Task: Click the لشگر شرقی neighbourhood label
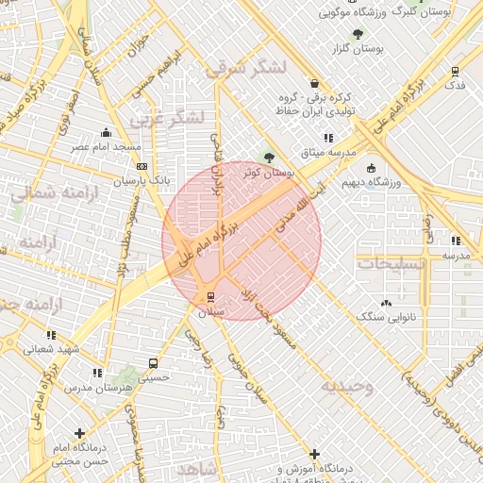(244, 68)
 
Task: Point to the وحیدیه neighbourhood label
(346, 385)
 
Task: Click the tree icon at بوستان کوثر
(270, 158)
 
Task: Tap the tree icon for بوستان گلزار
(358, 34)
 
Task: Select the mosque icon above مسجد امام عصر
(106, 132)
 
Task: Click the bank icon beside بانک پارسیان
(142, 166)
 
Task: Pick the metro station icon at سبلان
(209, 297)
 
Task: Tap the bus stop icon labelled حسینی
(153, 363)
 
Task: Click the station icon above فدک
(456, 72)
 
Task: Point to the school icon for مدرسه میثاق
(327, 138)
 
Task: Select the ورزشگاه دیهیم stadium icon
(371, 167)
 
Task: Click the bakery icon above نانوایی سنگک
(385, 303)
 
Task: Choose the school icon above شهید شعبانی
(50, 334)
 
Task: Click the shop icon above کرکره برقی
(314, 83)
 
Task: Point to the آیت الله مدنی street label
(296, 208)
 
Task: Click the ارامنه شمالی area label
(47, 192)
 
